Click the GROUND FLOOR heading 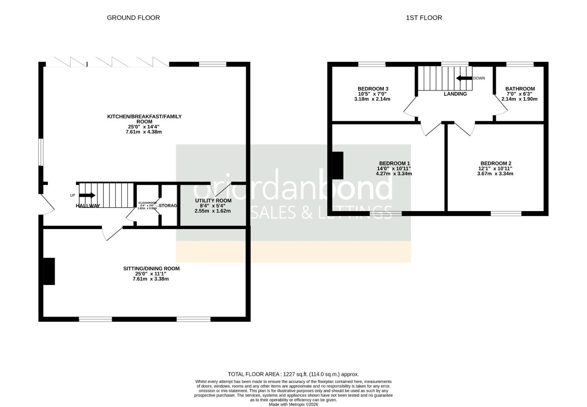click(133, 18)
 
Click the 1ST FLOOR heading click(424, 18)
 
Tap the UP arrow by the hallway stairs click(87, 195)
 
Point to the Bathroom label click(520, 89)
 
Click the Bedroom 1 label click(394, 164)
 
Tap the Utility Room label click(213, 200)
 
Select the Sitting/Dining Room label click(151, 269)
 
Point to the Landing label click(455, 94)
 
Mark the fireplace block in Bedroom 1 click(337, 165)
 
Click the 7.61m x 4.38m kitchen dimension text click(144, 132)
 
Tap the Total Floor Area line click(293, 374)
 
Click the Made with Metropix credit click(293, 404)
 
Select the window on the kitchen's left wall click(41, 152)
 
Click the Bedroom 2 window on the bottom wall click(506, 213)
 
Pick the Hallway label click(88, 206)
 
